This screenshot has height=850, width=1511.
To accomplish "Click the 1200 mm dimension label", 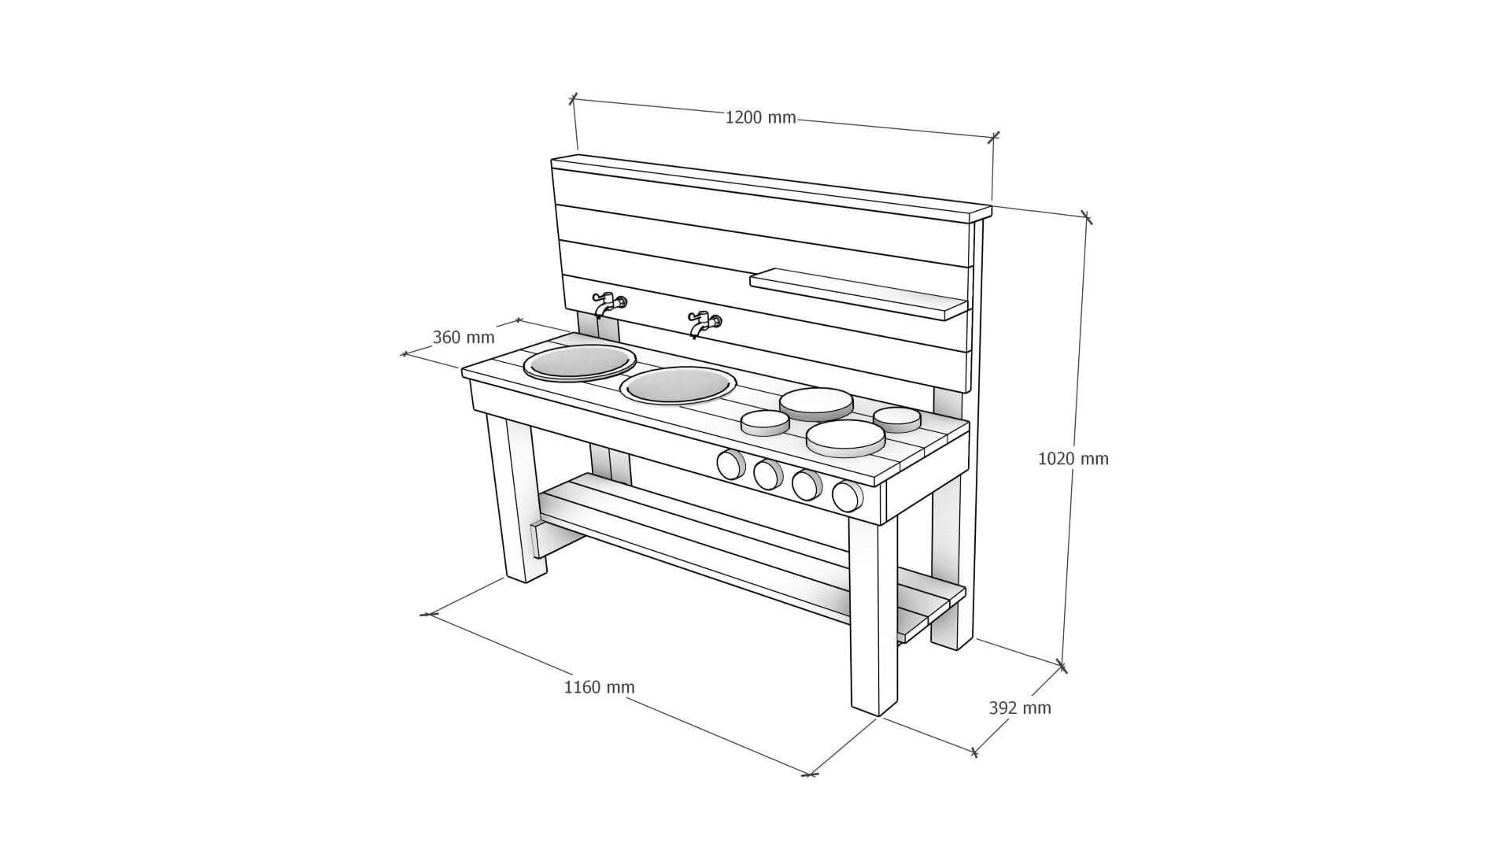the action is pyautogui.click(x=760, y=118).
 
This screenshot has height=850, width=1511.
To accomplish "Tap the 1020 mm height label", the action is pyautogui.click(x=1073, y=458).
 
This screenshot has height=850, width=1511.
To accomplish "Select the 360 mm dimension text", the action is pyautogui.click(x=464, y=337).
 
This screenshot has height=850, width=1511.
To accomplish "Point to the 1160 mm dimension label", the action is pyautogui.click(x=599, y=687).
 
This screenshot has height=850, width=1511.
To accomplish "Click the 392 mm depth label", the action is pyautogui.click(x=1020, y=708).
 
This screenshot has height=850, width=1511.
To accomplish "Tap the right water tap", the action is pyautogui.click(x=704, y=323).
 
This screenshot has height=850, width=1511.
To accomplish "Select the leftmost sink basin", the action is pyautogui.click(x=580, y=363).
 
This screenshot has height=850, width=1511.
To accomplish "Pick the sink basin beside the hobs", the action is pyautogui.click(x=678, y=386).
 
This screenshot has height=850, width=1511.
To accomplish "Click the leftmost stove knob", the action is pyautogui.click(x=730, y=464).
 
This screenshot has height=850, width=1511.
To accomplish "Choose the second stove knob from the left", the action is pyautogui.click(x=767, y=474).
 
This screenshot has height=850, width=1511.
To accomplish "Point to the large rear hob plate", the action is pyautogui.click(x=816, y=404).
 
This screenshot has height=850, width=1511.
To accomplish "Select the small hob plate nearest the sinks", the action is pyautogui.click(x=765, y=423).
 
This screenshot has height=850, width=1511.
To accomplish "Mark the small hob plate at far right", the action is pyautogui.click(x=897, y=419).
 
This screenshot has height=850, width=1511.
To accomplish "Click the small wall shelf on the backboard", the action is pyautogui.click(x=859, y=294).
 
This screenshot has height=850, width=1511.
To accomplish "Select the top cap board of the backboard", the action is pyautogui.click(x=771, y=187).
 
